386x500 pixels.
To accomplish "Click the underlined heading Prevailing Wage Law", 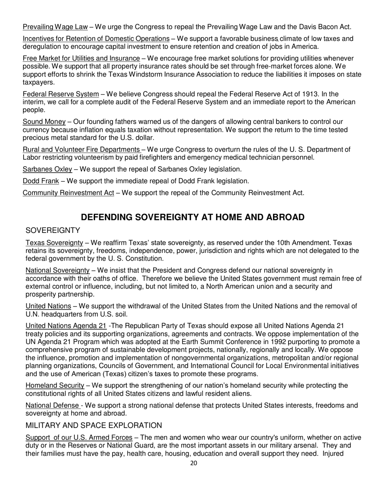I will tap(55, 27).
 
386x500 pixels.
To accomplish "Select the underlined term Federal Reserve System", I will tap(61, 94).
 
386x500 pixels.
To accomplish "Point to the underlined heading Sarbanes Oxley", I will tap(47, 169).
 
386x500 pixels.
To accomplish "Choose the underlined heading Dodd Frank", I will tap(41, 180).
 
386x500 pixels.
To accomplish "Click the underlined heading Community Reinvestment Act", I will tap(68, 193).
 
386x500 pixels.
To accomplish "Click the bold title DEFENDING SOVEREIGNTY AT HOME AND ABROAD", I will tap(193, 217).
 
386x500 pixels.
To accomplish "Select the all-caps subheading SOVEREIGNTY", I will tap(53, 230).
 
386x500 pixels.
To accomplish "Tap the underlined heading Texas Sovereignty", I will tap(54, 243).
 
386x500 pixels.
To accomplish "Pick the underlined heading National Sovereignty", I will tap(57, 270).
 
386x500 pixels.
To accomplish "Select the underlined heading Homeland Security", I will tap(55, 385).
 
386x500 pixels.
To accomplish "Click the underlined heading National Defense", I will tap(53, 405).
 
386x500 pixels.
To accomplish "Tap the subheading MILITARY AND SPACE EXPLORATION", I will tap(93, 425).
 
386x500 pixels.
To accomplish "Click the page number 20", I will tap(193, 463).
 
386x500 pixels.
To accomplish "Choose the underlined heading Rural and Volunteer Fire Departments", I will tap(81, 149).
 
